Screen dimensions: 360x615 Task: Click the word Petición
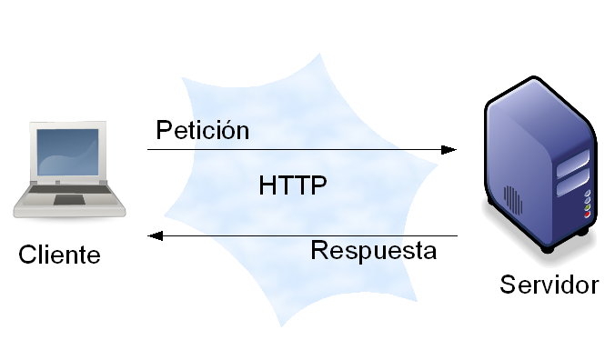click(x=202, y=129)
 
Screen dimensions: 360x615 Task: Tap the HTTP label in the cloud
click(x=293, y=185)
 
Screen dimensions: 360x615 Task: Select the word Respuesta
click(x=373, y=250)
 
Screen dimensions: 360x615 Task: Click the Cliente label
click(x=59, y=255)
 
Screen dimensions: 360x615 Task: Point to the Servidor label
click(x=549, y=285)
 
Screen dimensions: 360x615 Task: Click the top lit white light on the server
click(x=588, y=194)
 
